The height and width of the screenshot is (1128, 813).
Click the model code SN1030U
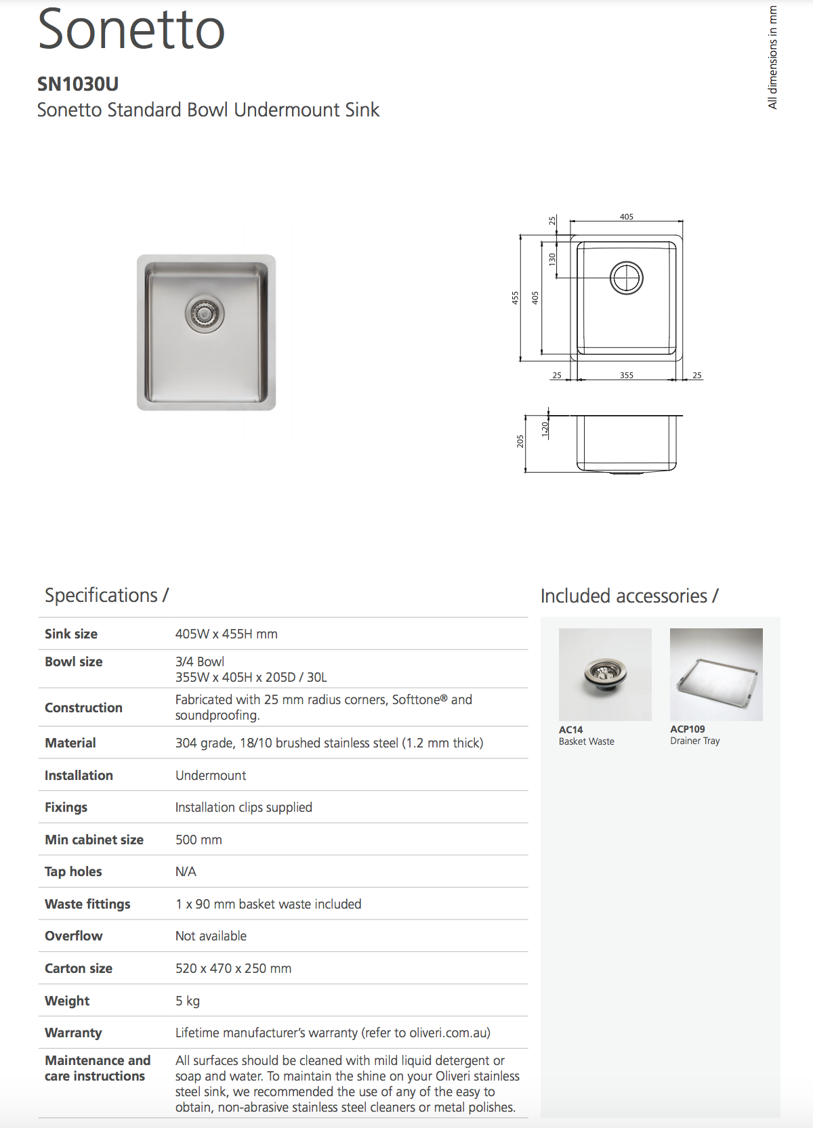(78, 84)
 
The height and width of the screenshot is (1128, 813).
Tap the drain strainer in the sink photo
(205, 313)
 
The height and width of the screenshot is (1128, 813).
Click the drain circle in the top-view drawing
(627, 278)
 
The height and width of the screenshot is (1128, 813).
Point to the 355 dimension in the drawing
(627, 375)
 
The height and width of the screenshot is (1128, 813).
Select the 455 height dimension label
(515, 297)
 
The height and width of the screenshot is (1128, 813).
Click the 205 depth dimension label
(520, 441)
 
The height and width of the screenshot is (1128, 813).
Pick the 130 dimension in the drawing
(552, 259)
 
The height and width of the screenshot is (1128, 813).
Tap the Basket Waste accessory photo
(605, 674)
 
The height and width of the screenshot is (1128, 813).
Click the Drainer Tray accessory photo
(716, 674)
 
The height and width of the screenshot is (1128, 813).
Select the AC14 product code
(570, 730)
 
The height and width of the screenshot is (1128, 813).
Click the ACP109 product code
(687, 729)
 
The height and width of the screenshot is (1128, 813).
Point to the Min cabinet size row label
(94, 840)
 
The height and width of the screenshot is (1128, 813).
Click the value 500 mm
(199, 840)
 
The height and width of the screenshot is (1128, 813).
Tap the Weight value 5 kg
(188, 1001)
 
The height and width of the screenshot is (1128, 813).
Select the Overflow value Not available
(211, 936)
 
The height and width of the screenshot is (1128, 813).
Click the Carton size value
(233, 968)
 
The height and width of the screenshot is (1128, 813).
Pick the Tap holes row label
(73, 871)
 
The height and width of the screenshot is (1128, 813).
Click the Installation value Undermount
(211, 775)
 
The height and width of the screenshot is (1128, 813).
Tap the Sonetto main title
(131, 30)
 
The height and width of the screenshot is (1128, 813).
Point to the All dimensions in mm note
(772, 58)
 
